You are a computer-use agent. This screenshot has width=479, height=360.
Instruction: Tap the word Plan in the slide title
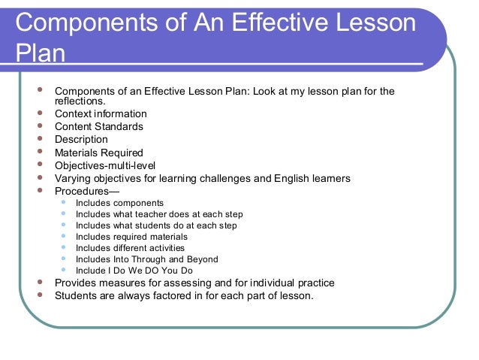(x=39, y=53)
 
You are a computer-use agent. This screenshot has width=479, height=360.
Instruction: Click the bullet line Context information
(x=101, y=113)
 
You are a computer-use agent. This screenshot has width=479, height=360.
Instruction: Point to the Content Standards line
(x=98, y=126)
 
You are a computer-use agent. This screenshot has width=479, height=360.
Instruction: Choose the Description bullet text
(x=81, y=139)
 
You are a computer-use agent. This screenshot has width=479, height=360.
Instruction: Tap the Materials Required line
(x=98, y=153)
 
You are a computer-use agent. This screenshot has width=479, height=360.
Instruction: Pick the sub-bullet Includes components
(x=119, y=203)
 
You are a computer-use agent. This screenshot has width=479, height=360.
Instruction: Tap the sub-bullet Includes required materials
(x=131, y=236)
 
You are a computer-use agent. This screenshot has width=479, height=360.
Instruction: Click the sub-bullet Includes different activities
(x=130, y=247)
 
